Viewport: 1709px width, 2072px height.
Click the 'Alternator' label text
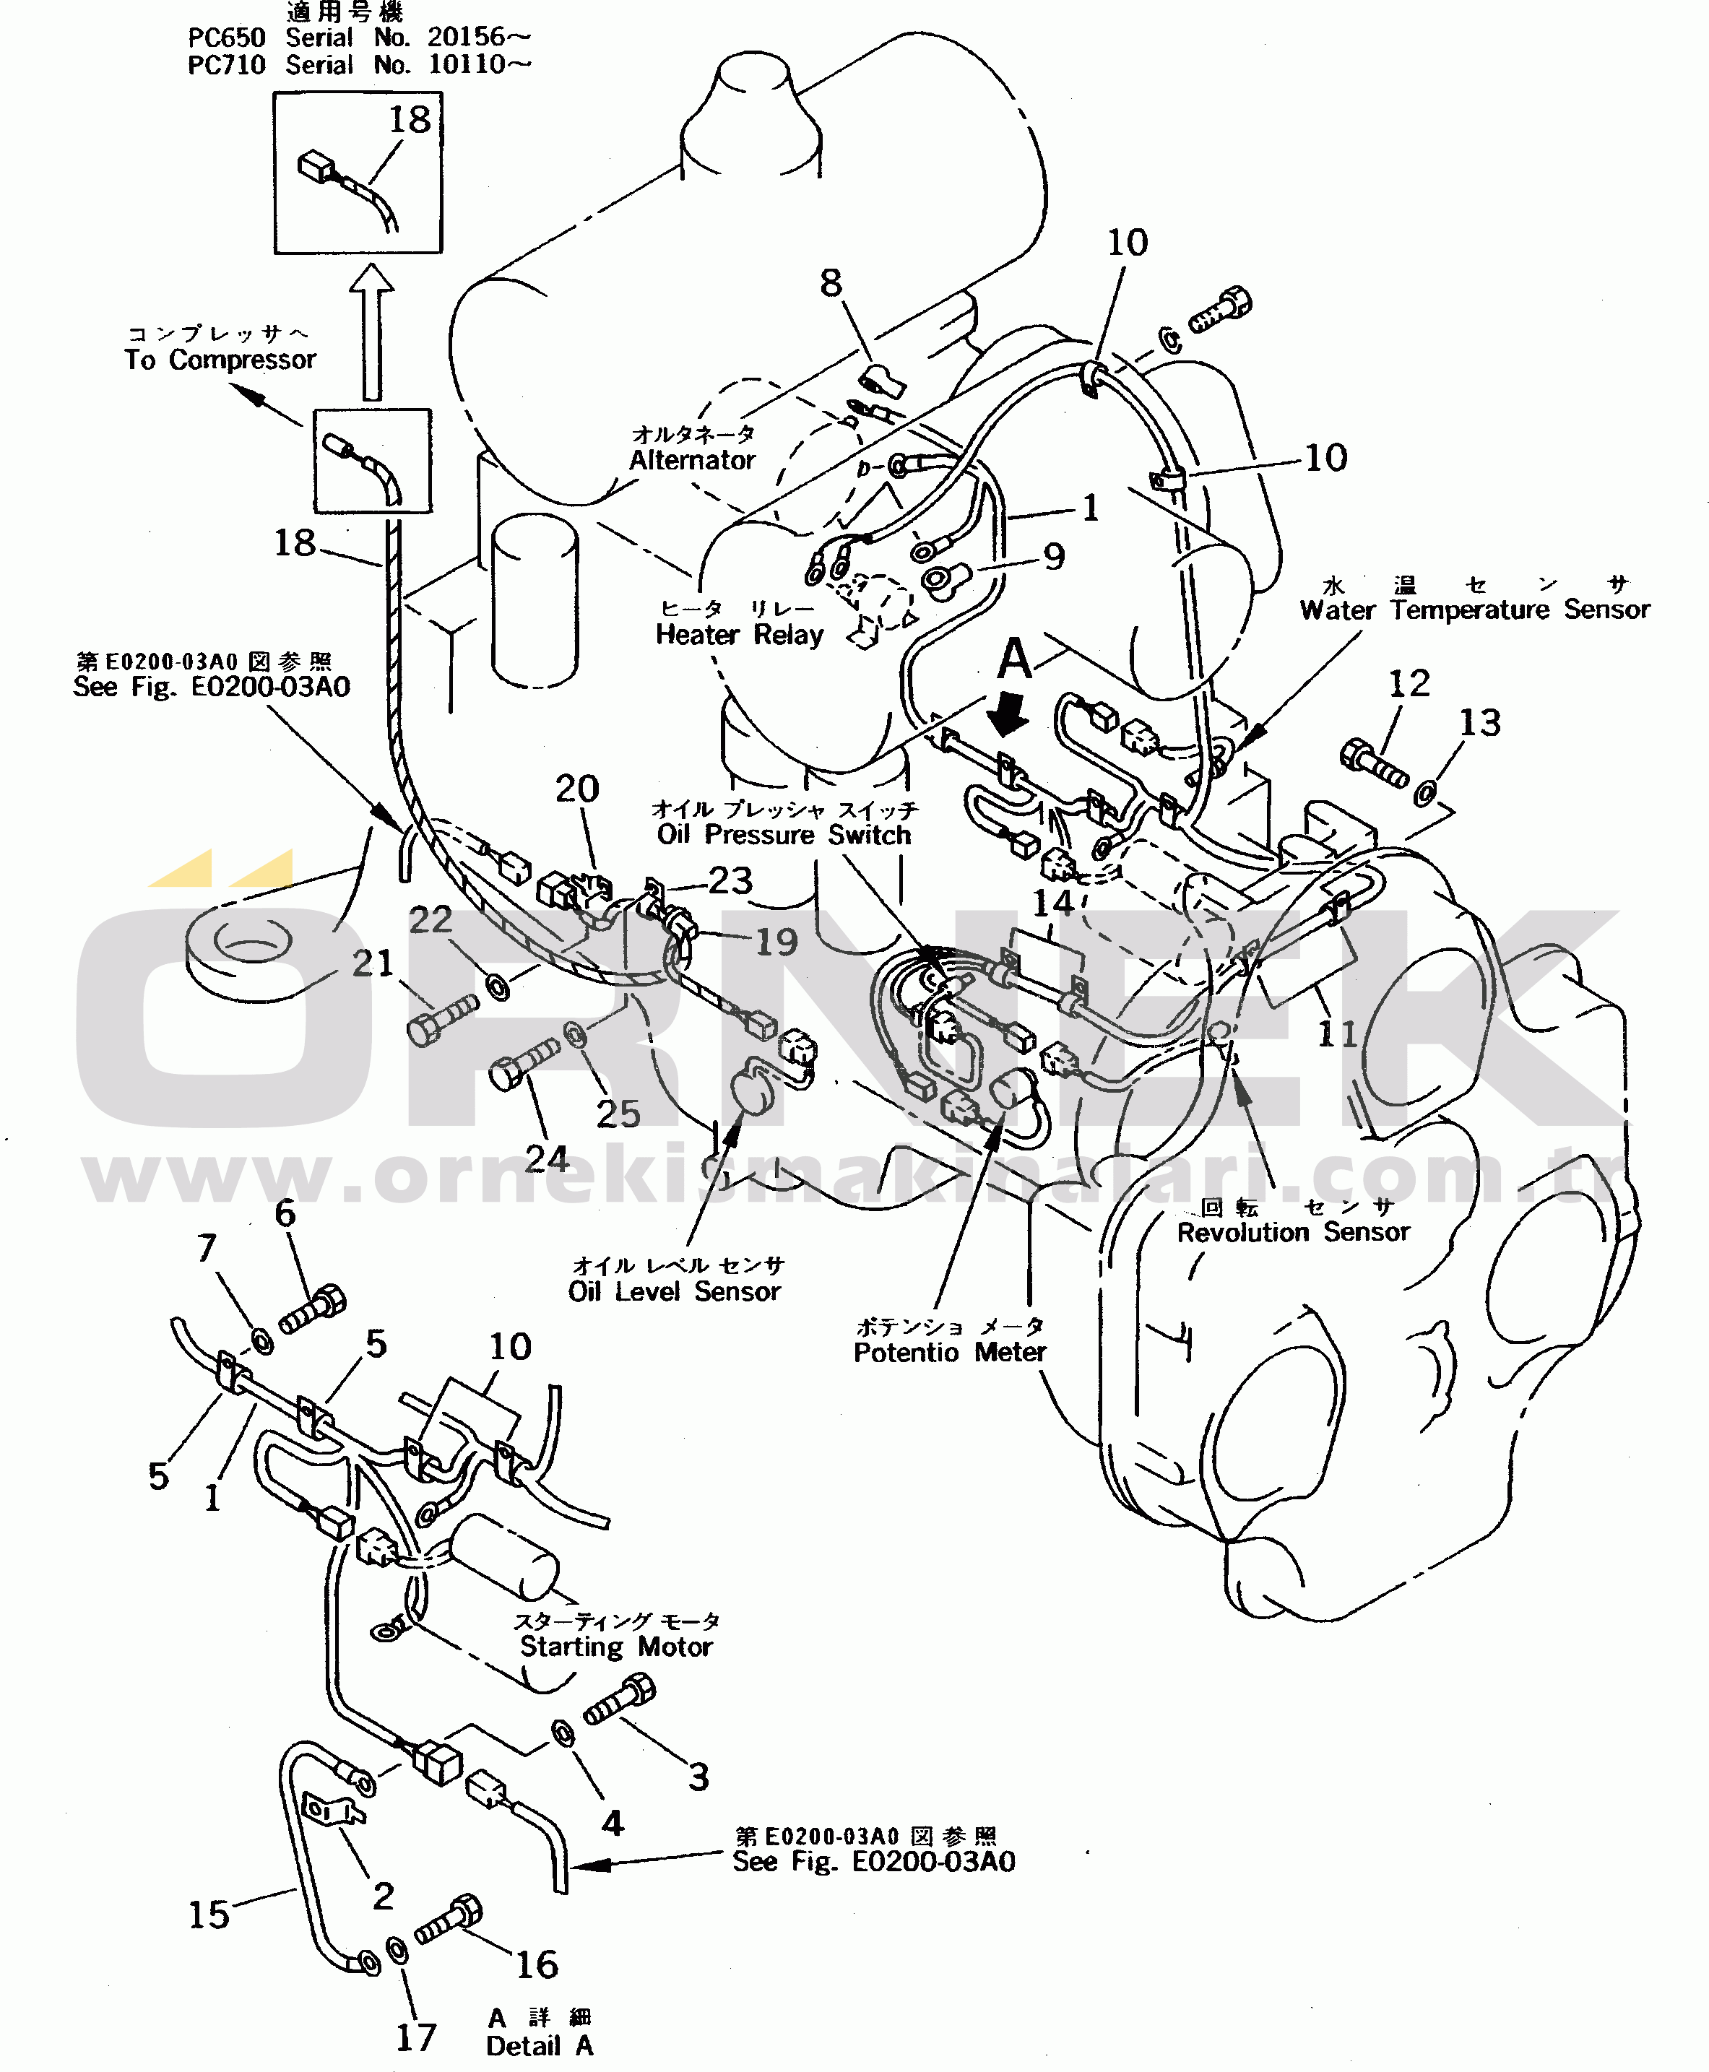tap(692, 459)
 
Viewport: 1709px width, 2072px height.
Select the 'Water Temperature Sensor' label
tap(1474, 610)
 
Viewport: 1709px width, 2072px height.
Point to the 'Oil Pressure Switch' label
tap(784, 835)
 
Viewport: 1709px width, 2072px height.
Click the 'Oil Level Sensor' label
tap(675, 1291)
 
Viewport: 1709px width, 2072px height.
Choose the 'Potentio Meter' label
tap(949, 1353)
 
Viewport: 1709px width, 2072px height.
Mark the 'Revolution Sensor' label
tap(1292, 1232)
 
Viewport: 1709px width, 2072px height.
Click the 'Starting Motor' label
tap(615, 1647)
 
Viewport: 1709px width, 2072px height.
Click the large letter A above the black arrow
tap(1014, 659)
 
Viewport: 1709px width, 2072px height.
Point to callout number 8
tap(831, 284)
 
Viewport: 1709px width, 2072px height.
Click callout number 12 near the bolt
tap(1408, 683)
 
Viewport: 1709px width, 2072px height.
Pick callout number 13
tap(1479, 722)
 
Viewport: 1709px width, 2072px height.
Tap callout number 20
tap(577, 789)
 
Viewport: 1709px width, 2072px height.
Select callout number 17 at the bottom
tap(415, 2037)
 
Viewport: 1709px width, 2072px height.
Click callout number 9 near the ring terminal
tap(1053, 557)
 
